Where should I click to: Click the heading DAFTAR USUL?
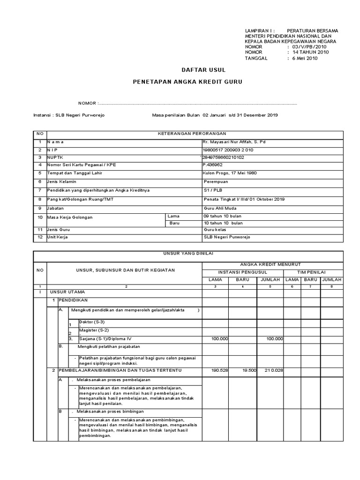point(203,70)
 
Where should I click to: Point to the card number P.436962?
point(213,165)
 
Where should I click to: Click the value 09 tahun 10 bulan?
point(222,216)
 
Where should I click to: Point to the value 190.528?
point(219,370)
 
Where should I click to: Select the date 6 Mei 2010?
point(305,59)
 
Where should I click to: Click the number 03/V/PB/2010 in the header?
point(309,47)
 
